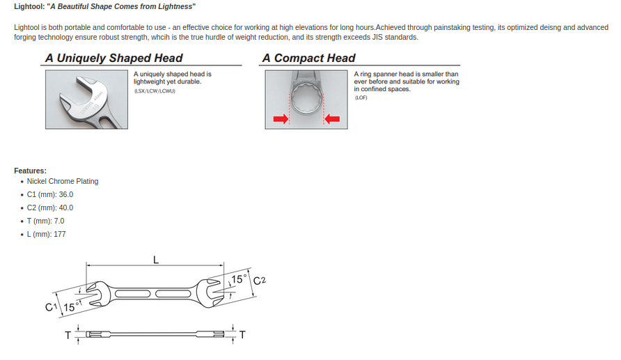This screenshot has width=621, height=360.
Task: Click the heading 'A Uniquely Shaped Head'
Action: pos(113,58)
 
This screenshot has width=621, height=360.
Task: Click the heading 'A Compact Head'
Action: pos(308,58)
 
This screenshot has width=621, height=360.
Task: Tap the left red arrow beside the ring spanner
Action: pos(280,120)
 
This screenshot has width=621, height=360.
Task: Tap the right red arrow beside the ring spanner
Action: pos(332,120)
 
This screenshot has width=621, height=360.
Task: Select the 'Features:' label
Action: pos(30,171)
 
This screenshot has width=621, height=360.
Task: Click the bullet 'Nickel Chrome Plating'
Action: pos(63,181)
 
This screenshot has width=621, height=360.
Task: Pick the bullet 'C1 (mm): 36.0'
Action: pos(50,194)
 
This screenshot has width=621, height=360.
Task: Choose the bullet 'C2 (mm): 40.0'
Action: pos(50,208)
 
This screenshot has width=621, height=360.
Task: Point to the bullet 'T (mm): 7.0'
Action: pos(46,221)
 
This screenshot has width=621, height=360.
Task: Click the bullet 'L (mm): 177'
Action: pos(47,234)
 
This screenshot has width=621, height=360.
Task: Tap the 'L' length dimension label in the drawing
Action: pos(156,260)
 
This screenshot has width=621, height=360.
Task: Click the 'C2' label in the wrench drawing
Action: pos(260,281)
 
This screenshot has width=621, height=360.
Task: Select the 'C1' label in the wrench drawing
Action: pos(51,307)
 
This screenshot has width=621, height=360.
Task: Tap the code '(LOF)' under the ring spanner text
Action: pos(361,97)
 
